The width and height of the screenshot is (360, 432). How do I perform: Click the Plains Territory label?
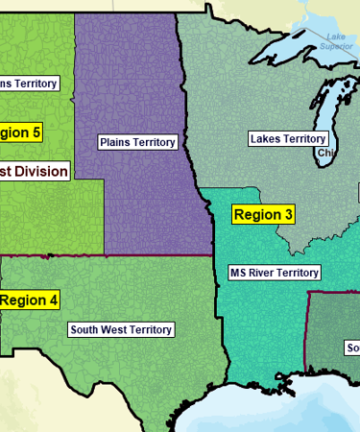tap(138, 142)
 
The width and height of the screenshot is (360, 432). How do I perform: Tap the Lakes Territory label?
tap(287, 139)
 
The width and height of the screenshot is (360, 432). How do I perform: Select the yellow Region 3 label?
tap(263, 215)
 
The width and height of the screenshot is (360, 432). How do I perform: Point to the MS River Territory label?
tap(274, 273)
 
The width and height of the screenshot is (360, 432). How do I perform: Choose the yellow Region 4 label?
tap(30, 300)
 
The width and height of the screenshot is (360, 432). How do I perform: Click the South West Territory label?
tap(121, 329)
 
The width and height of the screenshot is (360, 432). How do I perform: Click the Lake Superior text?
tap(336, 41)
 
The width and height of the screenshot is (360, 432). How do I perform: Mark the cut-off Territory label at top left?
tap(29, 83)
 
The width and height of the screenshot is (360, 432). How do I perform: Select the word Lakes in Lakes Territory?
tap(266, 139)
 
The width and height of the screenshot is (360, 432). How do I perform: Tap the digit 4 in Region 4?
tap(53, 300)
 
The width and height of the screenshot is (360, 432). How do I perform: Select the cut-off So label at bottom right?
tap(352, 347)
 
